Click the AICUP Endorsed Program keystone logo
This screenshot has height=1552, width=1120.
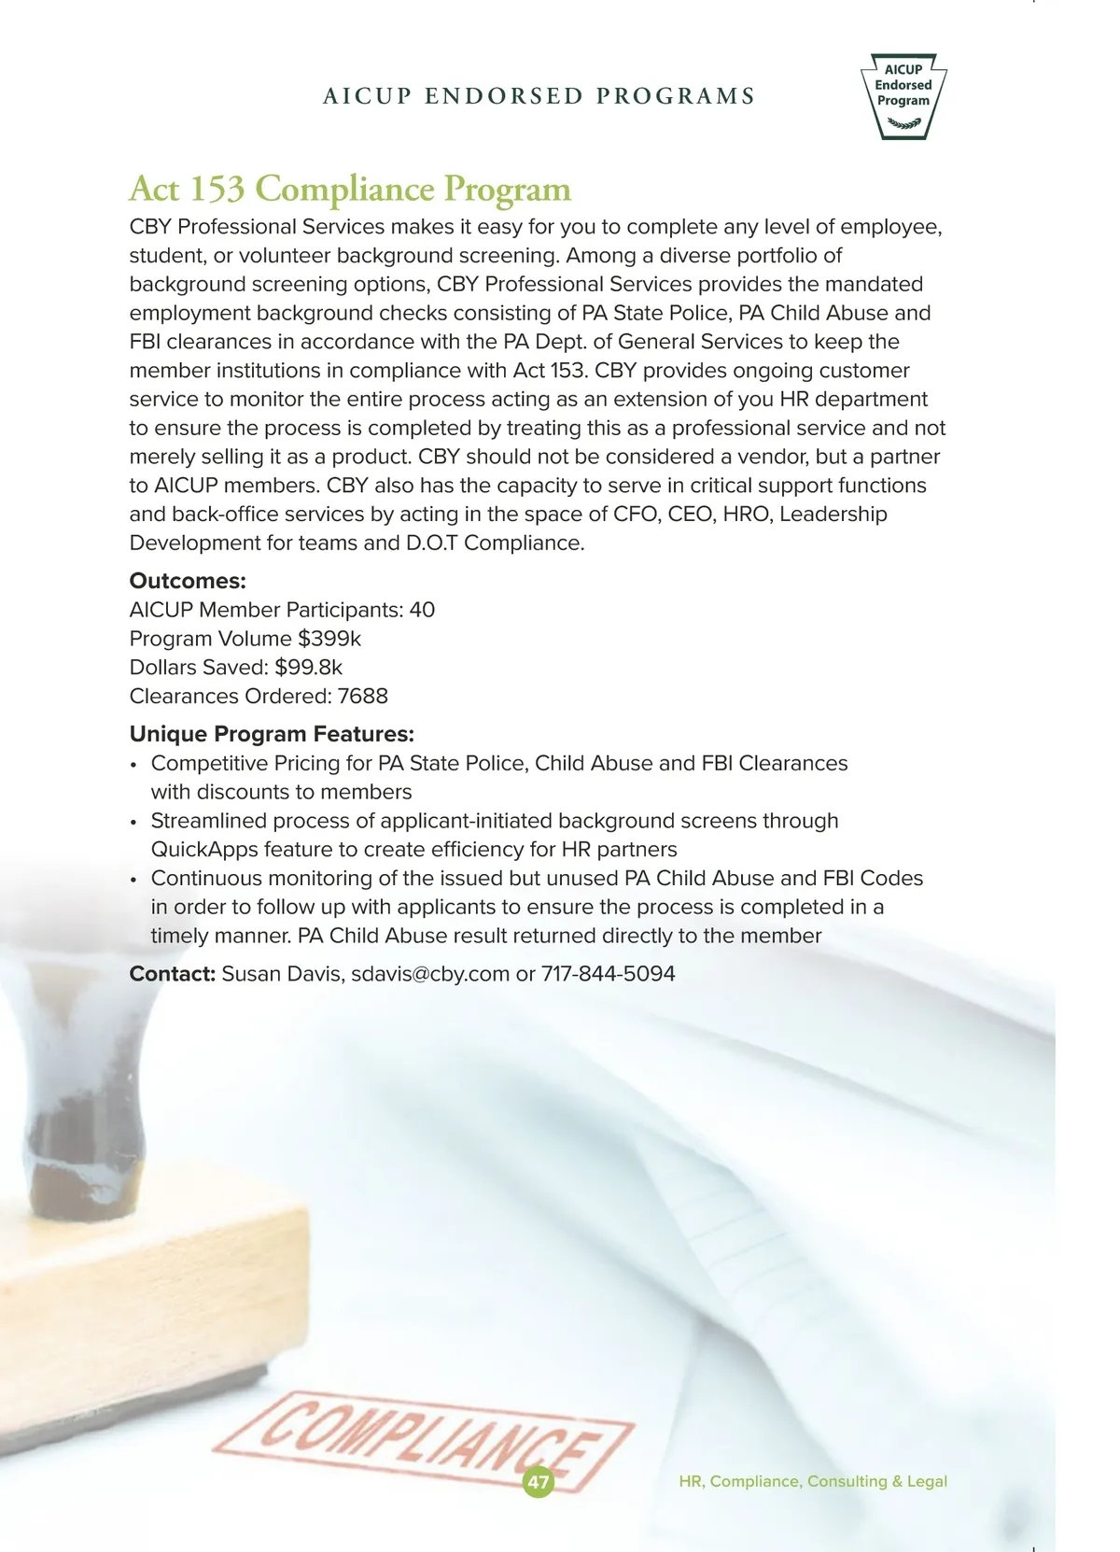[903, 95]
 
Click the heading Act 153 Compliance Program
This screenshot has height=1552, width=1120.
[349, 189]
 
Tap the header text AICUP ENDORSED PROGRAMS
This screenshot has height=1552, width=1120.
[539, 96]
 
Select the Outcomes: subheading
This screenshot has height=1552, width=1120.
[188, 581]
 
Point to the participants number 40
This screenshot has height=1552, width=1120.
[422, 610]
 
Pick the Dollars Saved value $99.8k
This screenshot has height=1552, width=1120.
[309, 668]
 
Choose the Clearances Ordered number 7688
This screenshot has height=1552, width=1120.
[363, 697]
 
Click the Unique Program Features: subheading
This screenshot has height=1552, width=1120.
[272, 734]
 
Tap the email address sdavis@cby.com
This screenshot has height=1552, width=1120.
[430, 974]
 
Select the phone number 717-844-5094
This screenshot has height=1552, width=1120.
[609, 974]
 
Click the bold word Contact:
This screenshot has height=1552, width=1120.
[173, 974]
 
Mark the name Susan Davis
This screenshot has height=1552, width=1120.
[283, 974]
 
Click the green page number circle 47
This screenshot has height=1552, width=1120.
[539, 1482]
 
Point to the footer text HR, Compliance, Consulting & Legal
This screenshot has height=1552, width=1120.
[813, 1481]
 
